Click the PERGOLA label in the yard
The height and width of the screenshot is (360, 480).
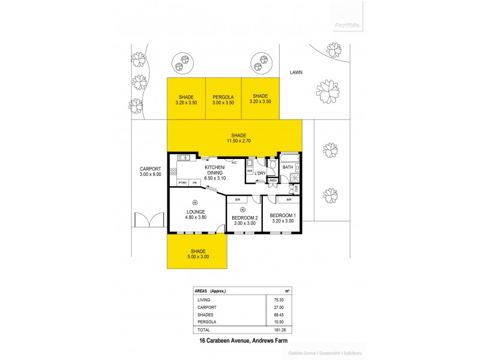point(223,97)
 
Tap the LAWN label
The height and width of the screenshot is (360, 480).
point(295,72)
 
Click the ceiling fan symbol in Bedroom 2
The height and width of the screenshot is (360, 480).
point(242,209)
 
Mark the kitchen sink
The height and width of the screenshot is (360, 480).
point(183,158)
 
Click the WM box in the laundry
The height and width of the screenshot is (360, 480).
point(250,170)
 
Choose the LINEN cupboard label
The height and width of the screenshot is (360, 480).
point(272,180)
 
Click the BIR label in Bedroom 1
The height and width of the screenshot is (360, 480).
point(289,199)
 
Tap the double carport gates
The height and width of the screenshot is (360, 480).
point(150,220)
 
